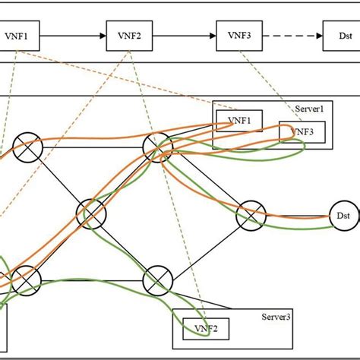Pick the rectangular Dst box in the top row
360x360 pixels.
coord(339,35)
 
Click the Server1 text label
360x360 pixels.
coord(309,109)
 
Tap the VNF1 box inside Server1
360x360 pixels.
coord(239,120)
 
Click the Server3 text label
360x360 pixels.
coord(276,316)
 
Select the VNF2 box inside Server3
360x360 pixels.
coord(201,328)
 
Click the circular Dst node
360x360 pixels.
coord(341,216)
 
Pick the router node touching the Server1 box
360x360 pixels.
coord(158,144)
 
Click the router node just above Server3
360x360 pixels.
coord(158,279)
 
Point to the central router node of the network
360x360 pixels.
coord(91,213)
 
